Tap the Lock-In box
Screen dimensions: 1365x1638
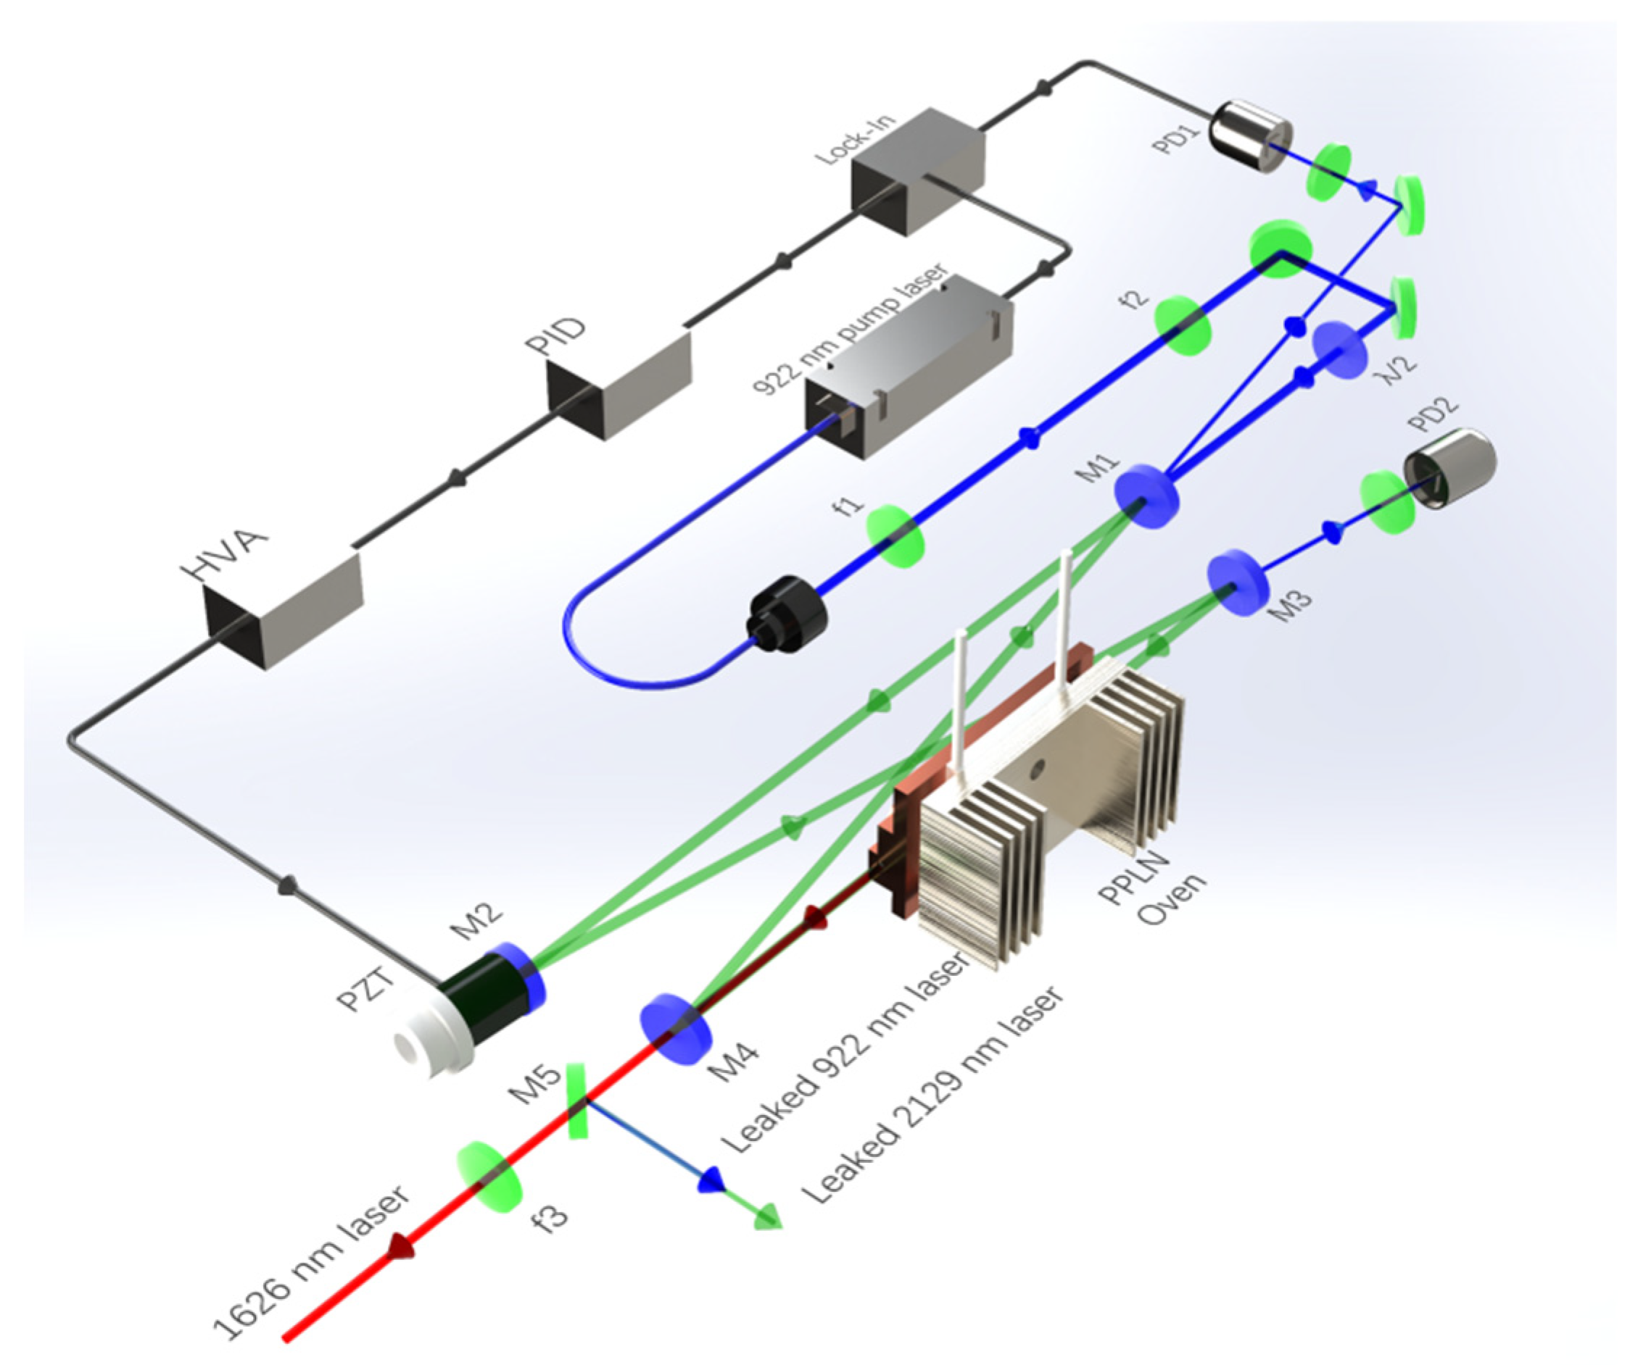917,172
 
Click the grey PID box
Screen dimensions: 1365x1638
620,384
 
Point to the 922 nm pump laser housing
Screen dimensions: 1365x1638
909,367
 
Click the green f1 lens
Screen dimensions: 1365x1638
895,535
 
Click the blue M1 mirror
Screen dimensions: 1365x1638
1145,496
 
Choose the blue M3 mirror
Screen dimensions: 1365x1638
1238,583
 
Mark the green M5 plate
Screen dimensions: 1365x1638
576,1101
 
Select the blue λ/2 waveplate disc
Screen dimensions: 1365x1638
1340,350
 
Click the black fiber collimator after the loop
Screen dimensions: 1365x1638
787,614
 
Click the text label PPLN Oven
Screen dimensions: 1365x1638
1153,888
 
